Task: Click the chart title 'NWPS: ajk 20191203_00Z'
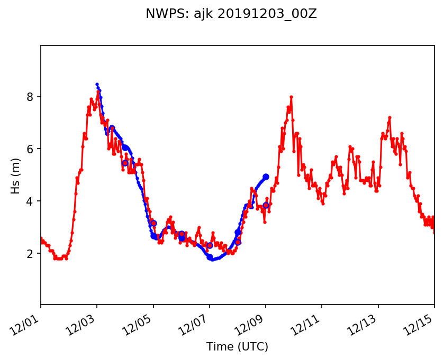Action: [231, 14]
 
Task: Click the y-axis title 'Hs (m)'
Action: [16, 175]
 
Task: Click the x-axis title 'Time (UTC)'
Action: [237, 347]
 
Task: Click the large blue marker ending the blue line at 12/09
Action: [266, 177]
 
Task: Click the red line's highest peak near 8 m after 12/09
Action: [291, 97]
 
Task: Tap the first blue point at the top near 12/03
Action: [97, 84]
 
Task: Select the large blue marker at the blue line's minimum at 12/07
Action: [210, 257]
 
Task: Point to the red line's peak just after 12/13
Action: [389, 117]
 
